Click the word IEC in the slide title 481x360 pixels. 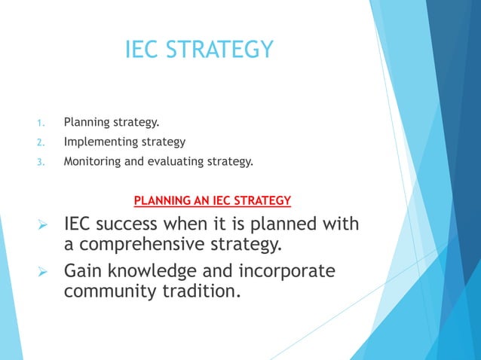143,50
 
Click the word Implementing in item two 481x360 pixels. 100,142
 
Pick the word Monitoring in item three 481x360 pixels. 93,160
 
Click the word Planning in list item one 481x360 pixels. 86,121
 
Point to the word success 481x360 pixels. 136,225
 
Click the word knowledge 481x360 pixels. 167,270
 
